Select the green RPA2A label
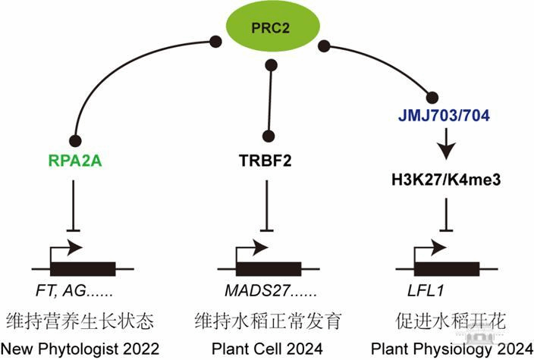pyautogui.click(x=74, y=161)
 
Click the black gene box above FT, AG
pyautogui.click(x=83, y=268)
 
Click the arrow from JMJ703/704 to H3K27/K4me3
pyautogui.click(x=445, y=143)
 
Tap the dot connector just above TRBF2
pyautogui.click(x=269, y=136)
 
